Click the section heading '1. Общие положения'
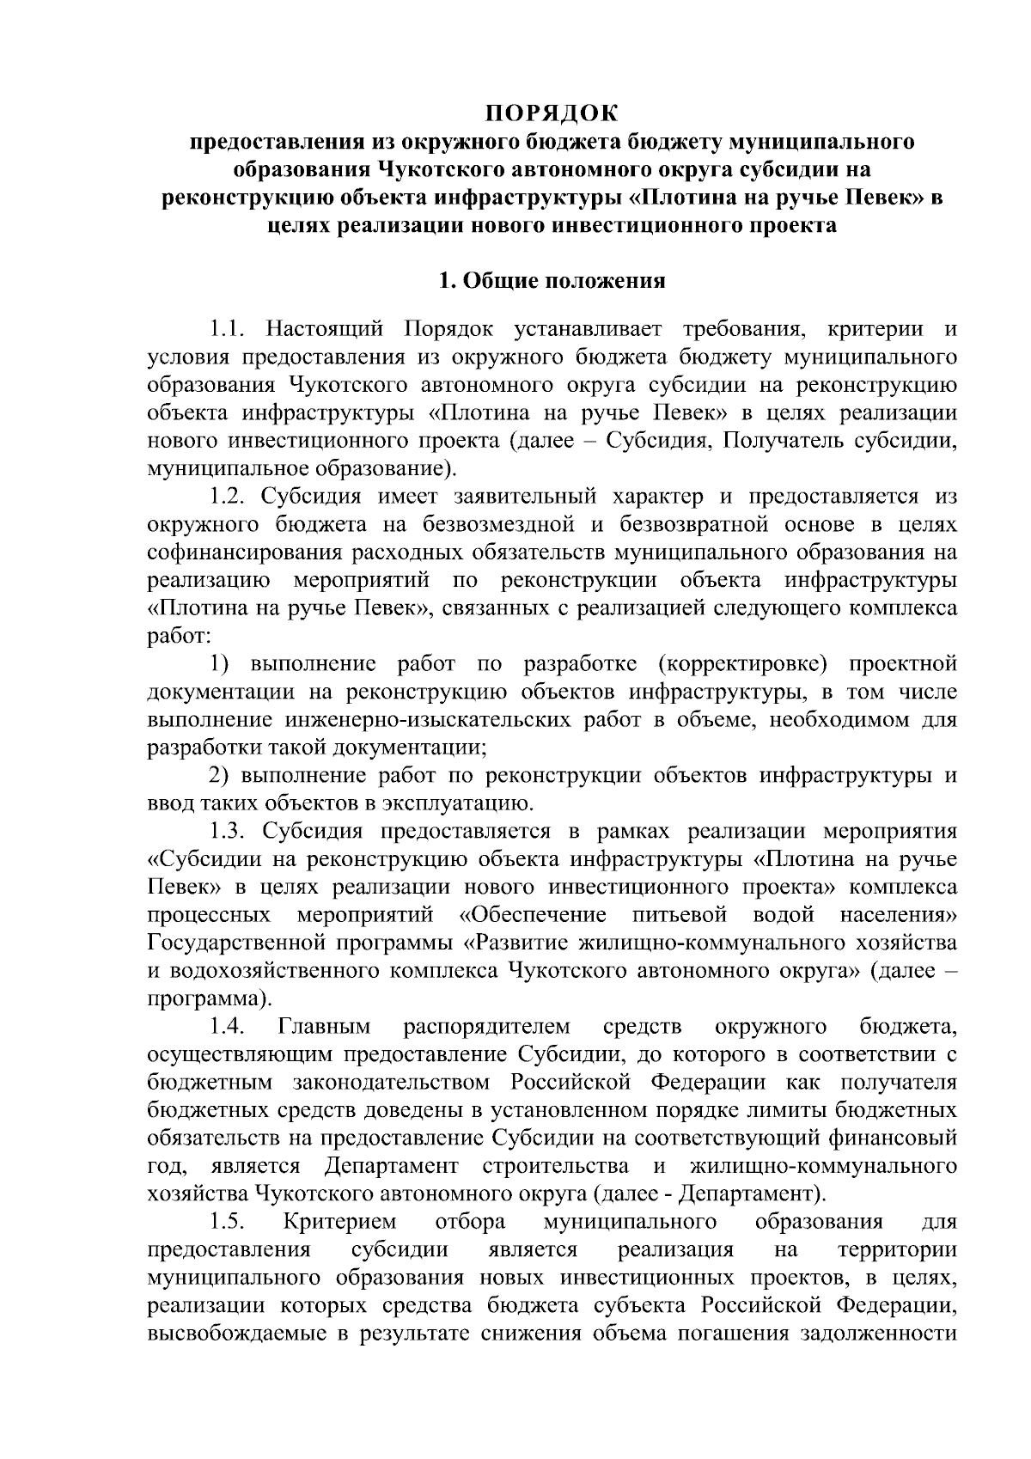coord(552,281)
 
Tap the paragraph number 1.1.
coord(229,329)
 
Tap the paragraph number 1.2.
coord(229,497)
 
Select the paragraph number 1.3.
coord(229,832)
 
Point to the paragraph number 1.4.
coord(229,1027)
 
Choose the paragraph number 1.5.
coord(229,1222)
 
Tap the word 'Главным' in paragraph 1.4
coord(325,1027)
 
